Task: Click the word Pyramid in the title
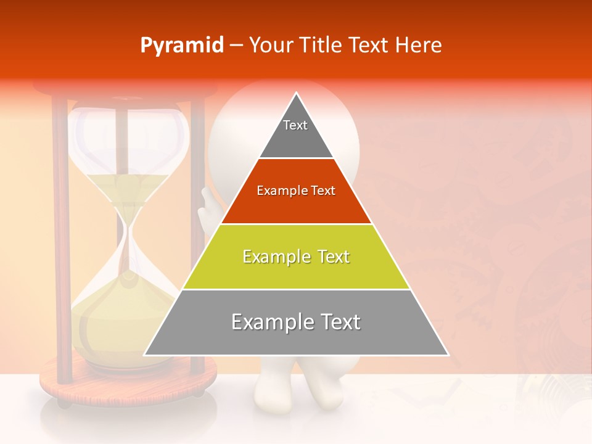point(181,46)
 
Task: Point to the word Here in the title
point(419,46)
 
